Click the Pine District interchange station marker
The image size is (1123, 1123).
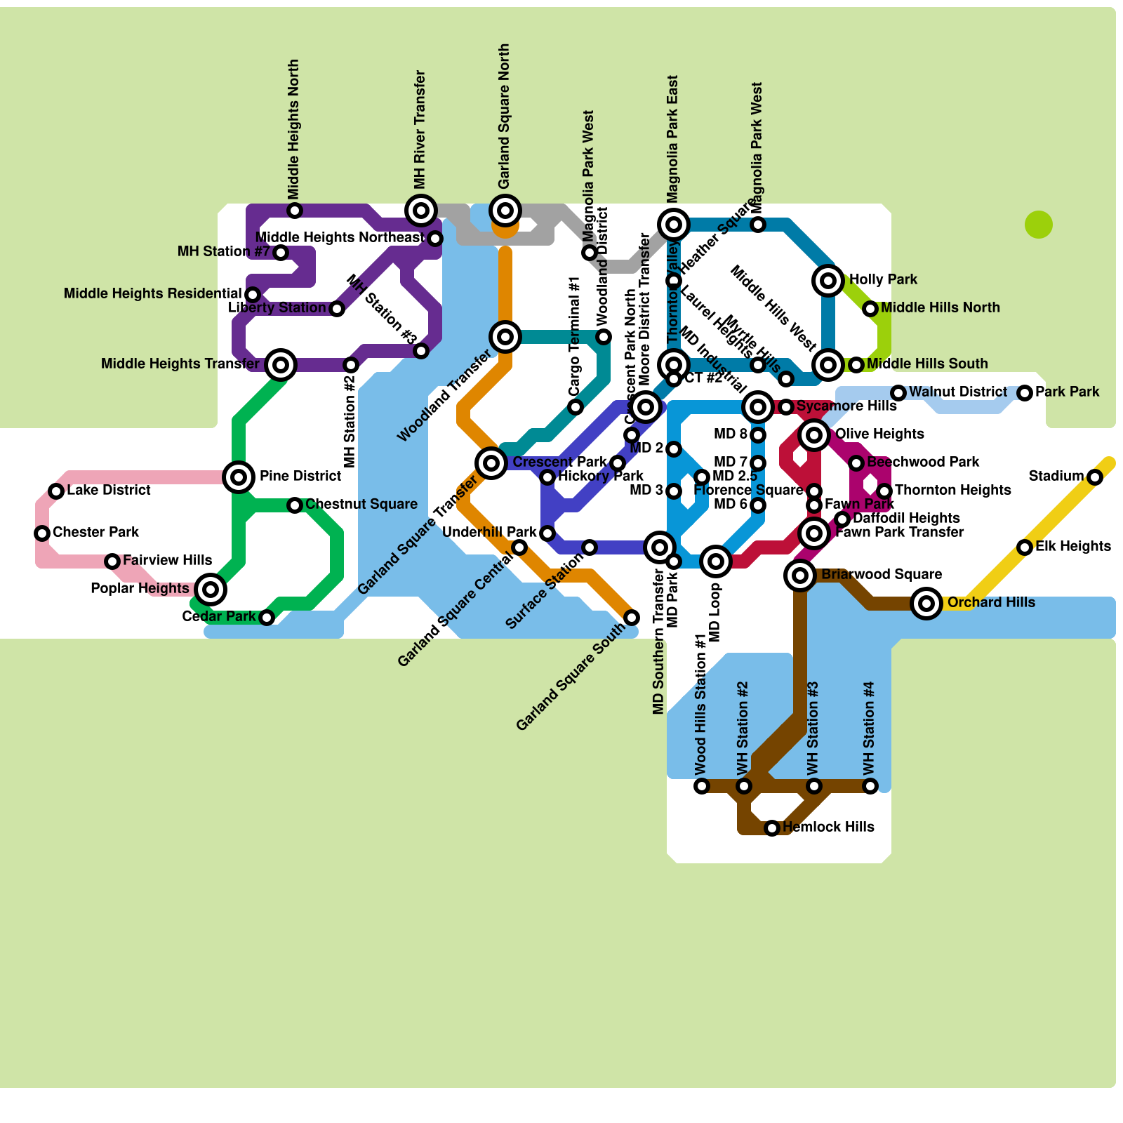(239, 477)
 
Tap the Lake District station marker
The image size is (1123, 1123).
(56, 491)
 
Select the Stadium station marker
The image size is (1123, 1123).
(1095, 477)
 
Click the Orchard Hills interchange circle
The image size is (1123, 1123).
(926, 603)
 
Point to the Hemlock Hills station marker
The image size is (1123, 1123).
(772, 828)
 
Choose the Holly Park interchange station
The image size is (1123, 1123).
(828, 281)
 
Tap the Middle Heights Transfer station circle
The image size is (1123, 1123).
(281, 365)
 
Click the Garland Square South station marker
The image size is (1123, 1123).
(632, 618)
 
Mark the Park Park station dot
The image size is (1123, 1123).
(1025, 393)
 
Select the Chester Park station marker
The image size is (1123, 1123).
(42, 533)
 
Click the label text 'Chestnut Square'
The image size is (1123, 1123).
(361, 504)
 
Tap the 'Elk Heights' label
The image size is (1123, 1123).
(1073, 546)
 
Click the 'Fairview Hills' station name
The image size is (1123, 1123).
(167, 560)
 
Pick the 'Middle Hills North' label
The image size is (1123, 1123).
(941, 307)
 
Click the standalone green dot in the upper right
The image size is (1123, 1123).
(1039, 225)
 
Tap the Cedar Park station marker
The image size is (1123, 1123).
(267, 618)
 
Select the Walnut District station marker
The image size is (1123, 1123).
(898, 393)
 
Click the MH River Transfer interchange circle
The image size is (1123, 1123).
(421, 211)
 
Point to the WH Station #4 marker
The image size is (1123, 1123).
(870, 786)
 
